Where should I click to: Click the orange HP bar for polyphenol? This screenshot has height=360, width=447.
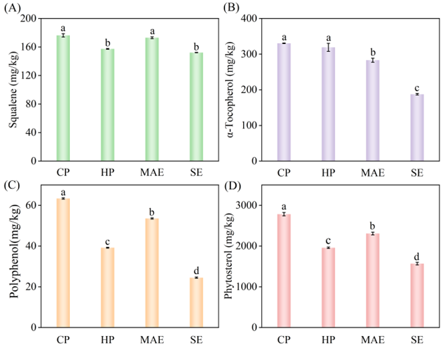click(x=107, y=287)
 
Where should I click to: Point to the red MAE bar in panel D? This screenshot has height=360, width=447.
click(x=373, y=280)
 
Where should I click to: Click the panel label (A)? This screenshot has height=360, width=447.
click(x=13, y=8)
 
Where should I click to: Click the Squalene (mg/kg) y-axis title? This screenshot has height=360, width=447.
click(x=13, y=89)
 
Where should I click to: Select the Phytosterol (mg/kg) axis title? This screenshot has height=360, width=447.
click(x=230, y=256)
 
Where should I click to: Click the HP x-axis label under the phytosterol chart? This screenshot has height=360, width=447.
click(x=328, y=340)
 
